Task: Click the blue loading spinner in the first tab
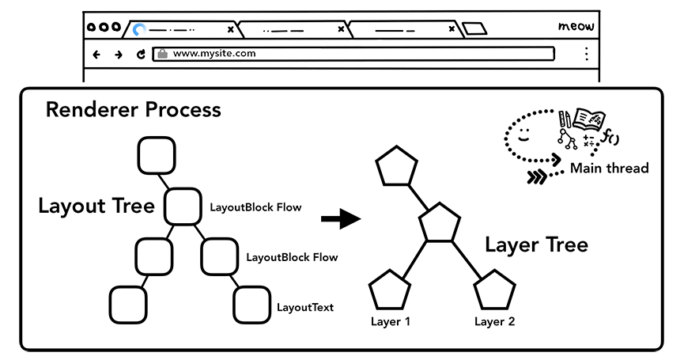(140, 30)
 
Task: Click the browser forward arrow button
(118, 55)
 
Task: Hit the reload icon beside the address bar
(141, 55)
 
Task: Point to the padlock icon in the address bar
(162, 54)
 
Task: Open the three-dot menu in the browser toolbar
(586, 54)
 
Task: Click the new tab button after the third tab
(474, 30)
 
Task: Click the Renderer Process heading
(133, 109)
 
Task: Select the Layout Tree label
(96, 207)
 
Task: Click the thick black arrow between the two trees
(339, 218)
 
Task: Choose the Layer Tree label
(535, 244)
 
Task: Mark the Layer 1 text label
(391, 321)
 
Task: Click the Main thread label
(609, 168)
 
